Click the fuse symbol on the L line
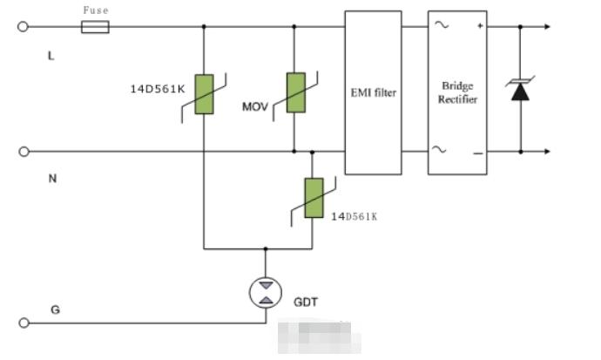point(95,27)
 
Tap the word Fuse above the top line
point(95,10)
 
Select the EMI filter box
point(373,92)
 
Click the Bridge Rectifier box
point(457,92)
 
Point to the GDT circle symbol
point(266,291)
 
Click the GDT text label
point(306,302)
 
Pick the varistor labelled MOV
point(297,93)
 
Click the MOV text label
point(255,107)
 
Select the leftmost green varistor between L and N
point(204,94)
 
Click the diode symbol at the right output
point(520,89)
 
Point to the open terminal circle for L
point(24,27)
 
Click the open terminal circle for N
point(24,152)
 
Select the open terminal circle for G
point(24,323)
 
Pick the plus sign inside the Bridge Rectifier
point(479,27)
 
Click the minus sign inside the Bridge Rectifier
point(478,153)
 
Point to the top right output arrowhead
point(546,27)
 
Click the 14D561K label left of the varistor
point(155,87)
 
